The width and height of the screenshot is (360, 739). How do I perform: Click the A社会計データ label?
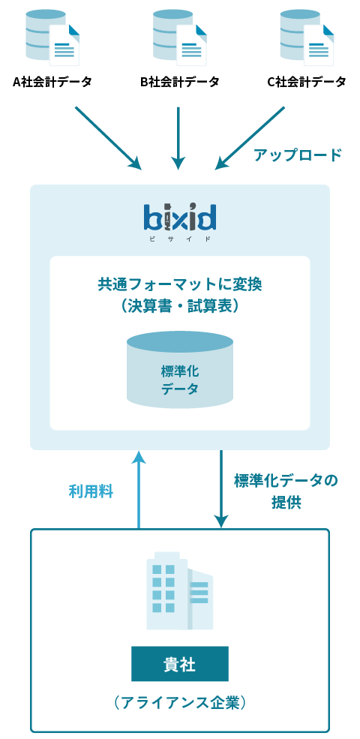click(x=52, y=82)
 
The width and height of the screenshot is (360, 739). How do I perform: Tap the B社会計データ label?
click(x=179, y=82)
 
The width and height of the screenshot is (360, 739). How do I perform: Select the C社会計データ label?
click(x=307, y=82)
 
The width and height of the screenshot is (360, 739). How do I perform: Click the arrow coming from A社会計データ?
click(x=109, y=137)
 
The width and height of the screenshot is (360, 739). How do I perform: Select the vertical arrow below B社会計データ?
click(x=178, y=138)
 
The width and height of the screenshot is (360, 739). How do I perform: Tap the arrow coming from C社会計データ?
click(x=250, y=137)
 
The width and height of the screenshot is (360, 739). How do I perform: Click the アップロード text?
click(x=298, y=155)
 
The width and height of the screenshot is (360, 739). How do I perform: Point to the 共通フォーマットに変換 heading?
click(x=180, y=284)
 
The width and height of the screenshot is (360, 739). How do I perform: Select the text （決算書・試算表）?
click(x=179, y=306)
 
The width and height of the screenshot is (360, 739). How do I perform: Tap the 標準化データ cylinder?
click(x=180, y=369)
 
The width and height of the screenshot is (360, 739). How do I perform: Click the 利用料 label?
click(x=91, y=492)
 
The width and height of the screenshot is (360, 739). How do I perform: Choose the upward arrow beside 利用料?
click(x=139, y=489)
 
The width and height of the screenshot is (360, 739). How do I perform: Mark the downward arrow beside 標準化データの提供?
click(x=221, y=489)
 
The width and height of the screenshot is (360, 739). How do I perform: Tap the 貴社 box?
click(x=180, y=663)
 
